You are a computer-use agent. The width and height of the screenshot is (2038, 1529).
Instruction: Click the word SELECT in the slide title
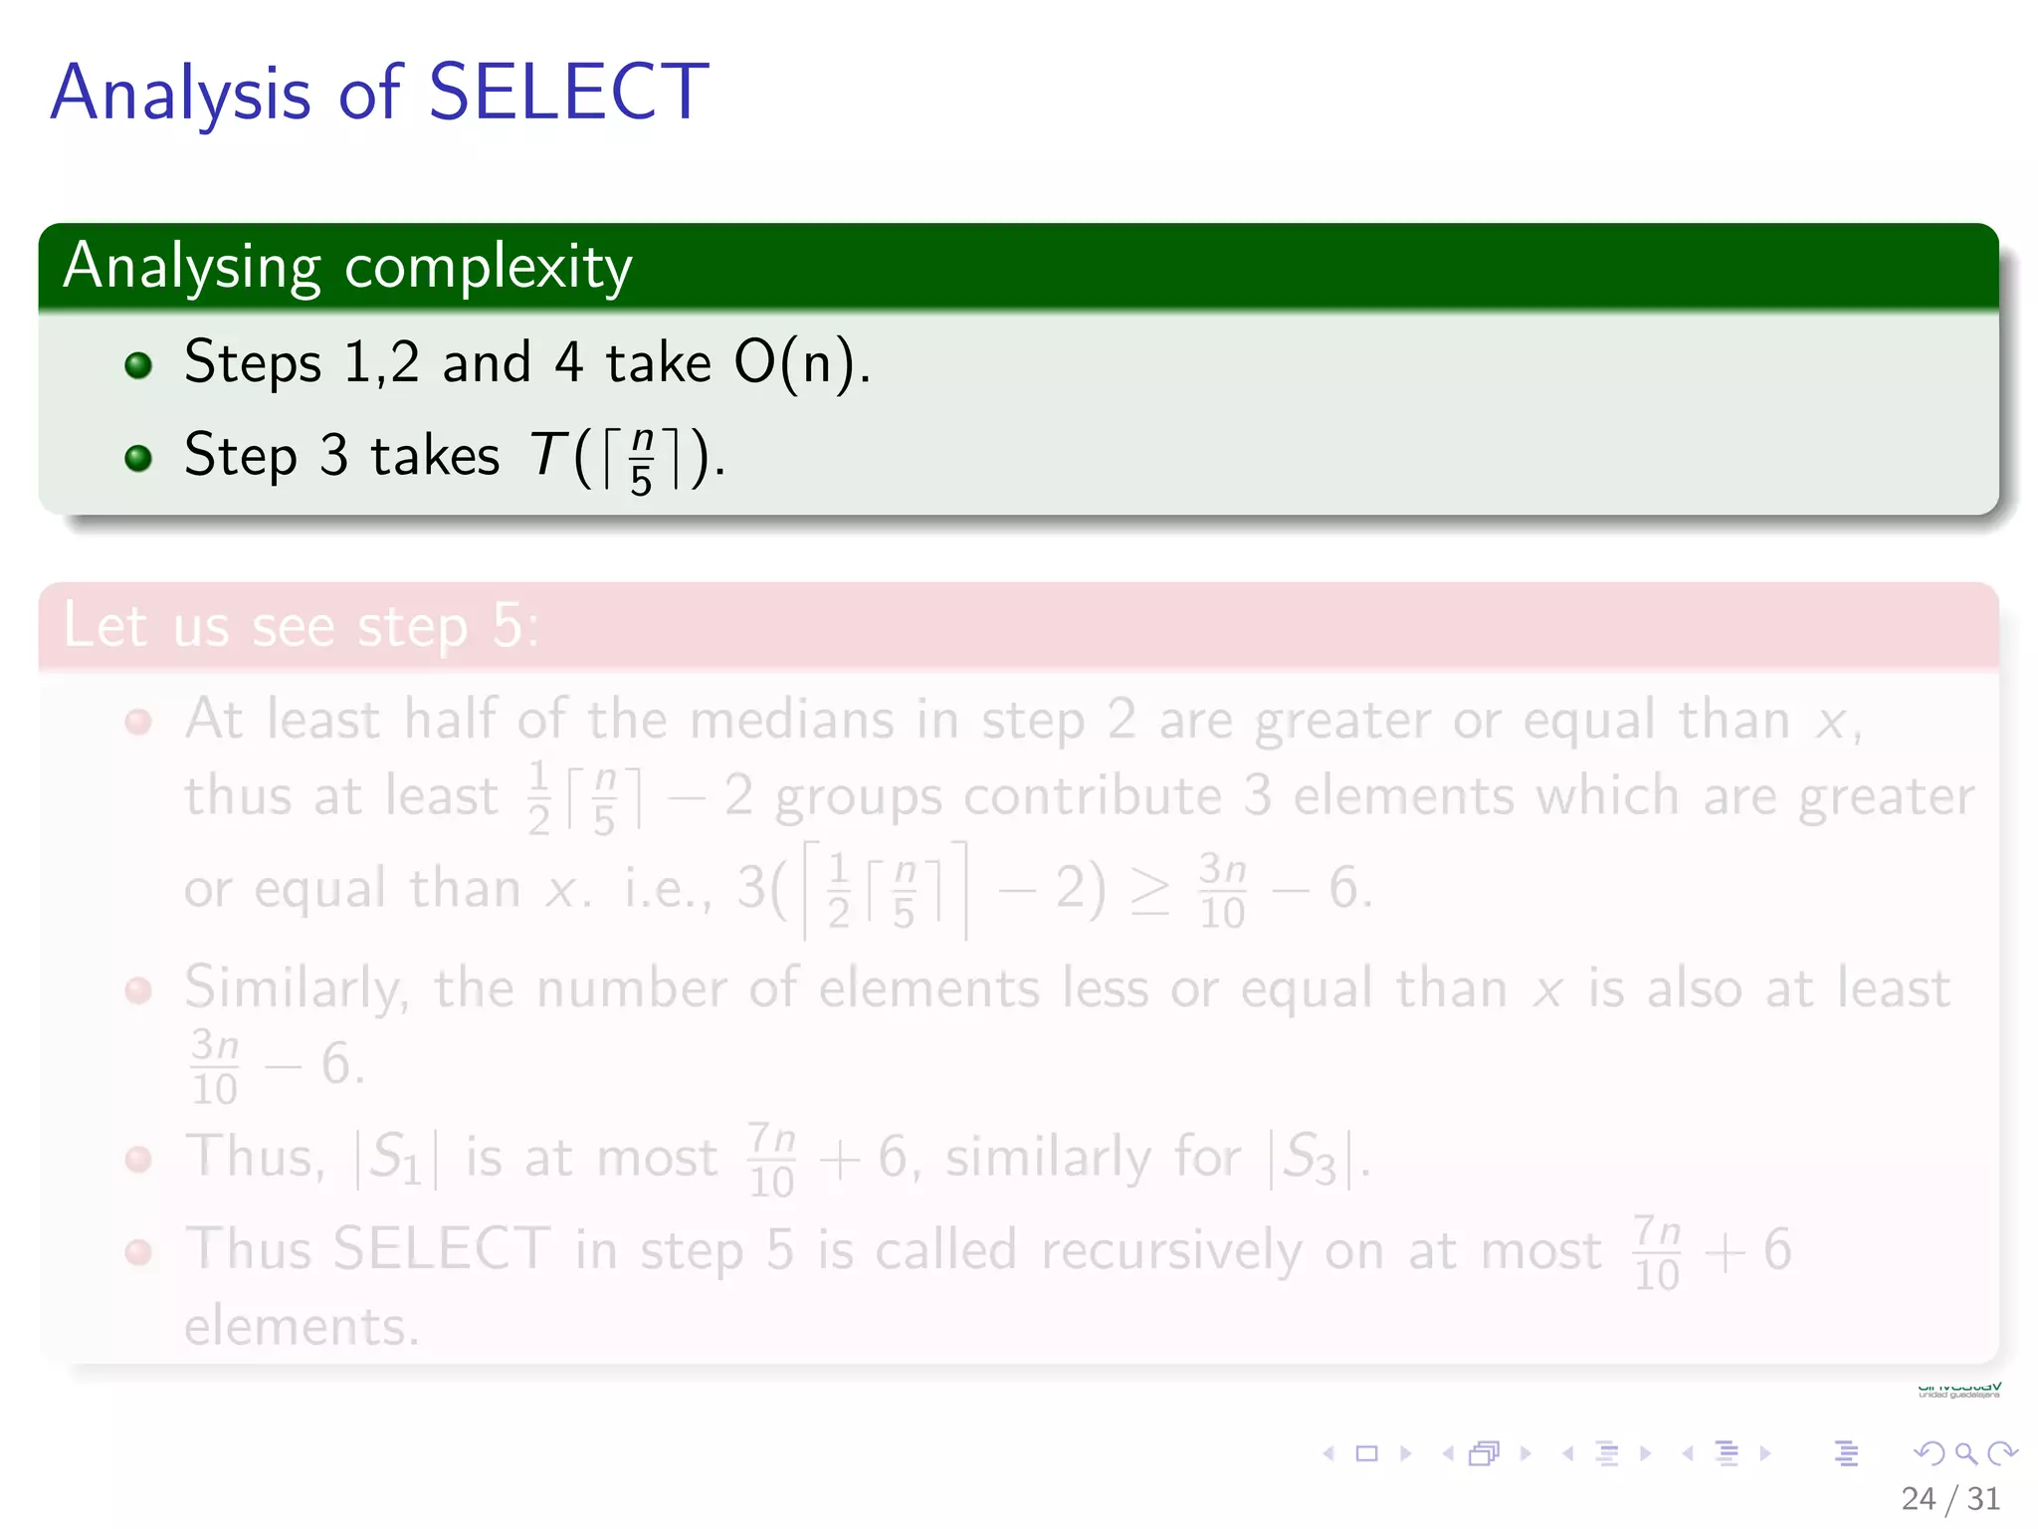568,93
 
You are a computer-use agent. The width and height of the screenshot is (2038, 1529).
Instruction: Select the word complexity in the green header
488,267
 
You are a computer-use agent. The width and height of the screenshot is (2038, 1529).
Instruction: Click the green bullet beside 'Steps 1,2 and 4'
138,365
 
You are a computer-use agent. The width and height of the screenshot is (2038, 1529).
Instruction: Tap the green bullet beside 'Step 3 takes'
138,458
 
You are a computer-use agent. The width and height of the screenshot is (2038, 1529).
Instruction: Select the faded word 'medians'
792,719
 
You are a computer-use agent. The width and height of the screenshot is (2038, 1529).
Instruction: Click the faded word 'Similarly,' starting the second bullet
296,988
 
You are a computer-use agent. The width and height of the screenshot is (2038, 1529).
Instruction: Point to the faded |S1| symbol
396,1159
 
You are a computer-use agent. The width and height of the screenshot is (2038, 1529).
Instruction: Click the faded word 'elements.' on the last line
302,1327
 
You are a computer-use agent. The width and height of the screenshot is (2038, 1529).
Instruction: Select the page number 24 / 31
1949,1498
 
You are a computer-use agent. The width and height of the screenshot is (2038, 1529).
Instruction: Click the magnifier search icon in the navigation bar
1965,1453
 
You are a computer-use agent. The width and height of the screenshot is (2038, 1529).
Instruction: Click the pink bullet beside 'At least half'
138,722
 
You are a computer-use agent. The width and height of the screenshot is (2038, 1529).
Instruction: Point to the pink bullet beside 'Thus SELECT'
138,1252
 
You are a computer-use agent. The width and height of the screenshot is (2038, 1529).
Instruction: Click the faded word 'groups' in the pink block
858,797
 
